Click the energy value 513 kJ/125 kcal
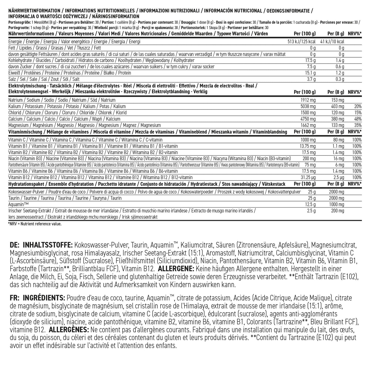[302, 42]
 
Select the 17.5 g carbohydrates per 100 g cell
[311, 61]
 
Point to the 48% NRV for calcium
[358, 119]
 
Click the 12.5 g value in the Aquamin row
[311, 205]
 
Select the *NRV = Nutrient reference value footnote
[35, 224]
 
